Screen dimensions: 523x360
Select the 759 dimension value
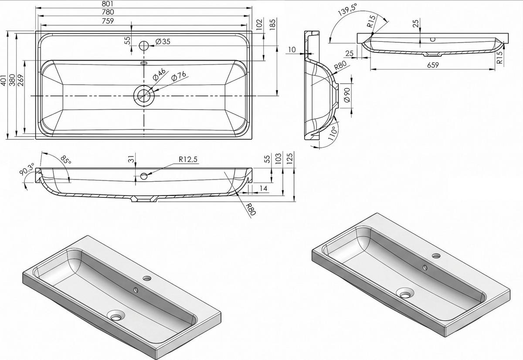click(x=108, y=21)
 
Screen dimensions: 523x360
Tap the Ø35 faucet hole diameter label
click(x=163, y=41)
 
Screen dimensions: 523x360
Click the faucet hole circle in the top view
click(x=144, y=45)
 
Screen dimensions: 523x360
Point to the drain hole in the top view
click(x=144, y=95)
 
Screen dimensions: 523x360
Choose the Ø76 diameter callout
click(x=179, y=76)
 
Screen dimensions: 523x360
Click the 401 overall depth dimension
click(x=4, y=80)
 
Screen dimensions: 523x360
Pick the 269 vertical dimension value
click(x=20, y=80)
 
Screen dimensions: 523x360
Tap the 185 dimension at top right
click(x=272, y=24)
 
